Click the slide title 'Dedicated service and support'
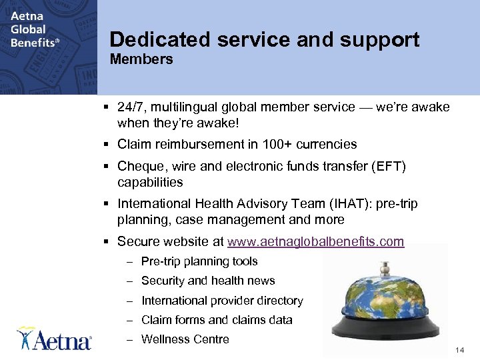click(x=265, y=40)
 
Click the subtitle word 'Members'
click(x=141, y=60)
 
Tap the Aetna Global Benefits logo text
click(x=33, y=29)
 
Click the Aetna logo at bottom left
click(x=55, y=339)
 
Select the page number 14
click(x=459, y=350)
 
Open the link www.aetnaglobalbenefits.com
click(x=315, y=241)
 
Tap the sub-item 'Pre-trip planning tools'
click(x=199, y=261)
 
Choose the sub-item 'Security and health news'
click(x=208, y=281)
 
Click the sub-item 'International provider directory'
click(x=222, y=301)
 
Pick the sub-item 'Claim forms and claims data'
click(x=217, y=320)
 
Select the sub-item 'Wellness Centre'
click(x=185, y=339)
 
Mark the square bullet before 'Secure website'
click(x=107, y=241)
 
